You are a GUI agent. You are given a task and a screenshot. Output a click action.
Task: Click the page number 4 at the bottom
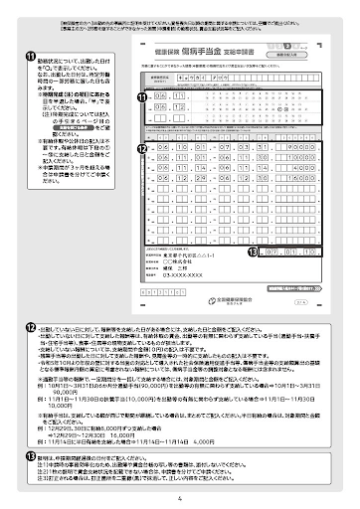tap(180, 498)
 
